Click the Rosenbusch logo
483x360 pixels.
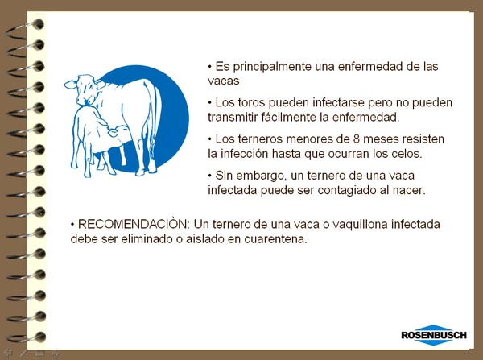(434, 335)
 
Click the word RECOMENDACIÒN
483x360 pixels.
(133, 224)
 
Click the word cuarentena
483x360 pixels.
(275, 239)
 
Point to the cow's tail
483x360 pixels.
(155, 120)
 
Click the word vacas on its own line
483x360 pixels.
(223, 81)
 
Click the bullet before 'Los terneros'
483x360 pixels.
(210, 139)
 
